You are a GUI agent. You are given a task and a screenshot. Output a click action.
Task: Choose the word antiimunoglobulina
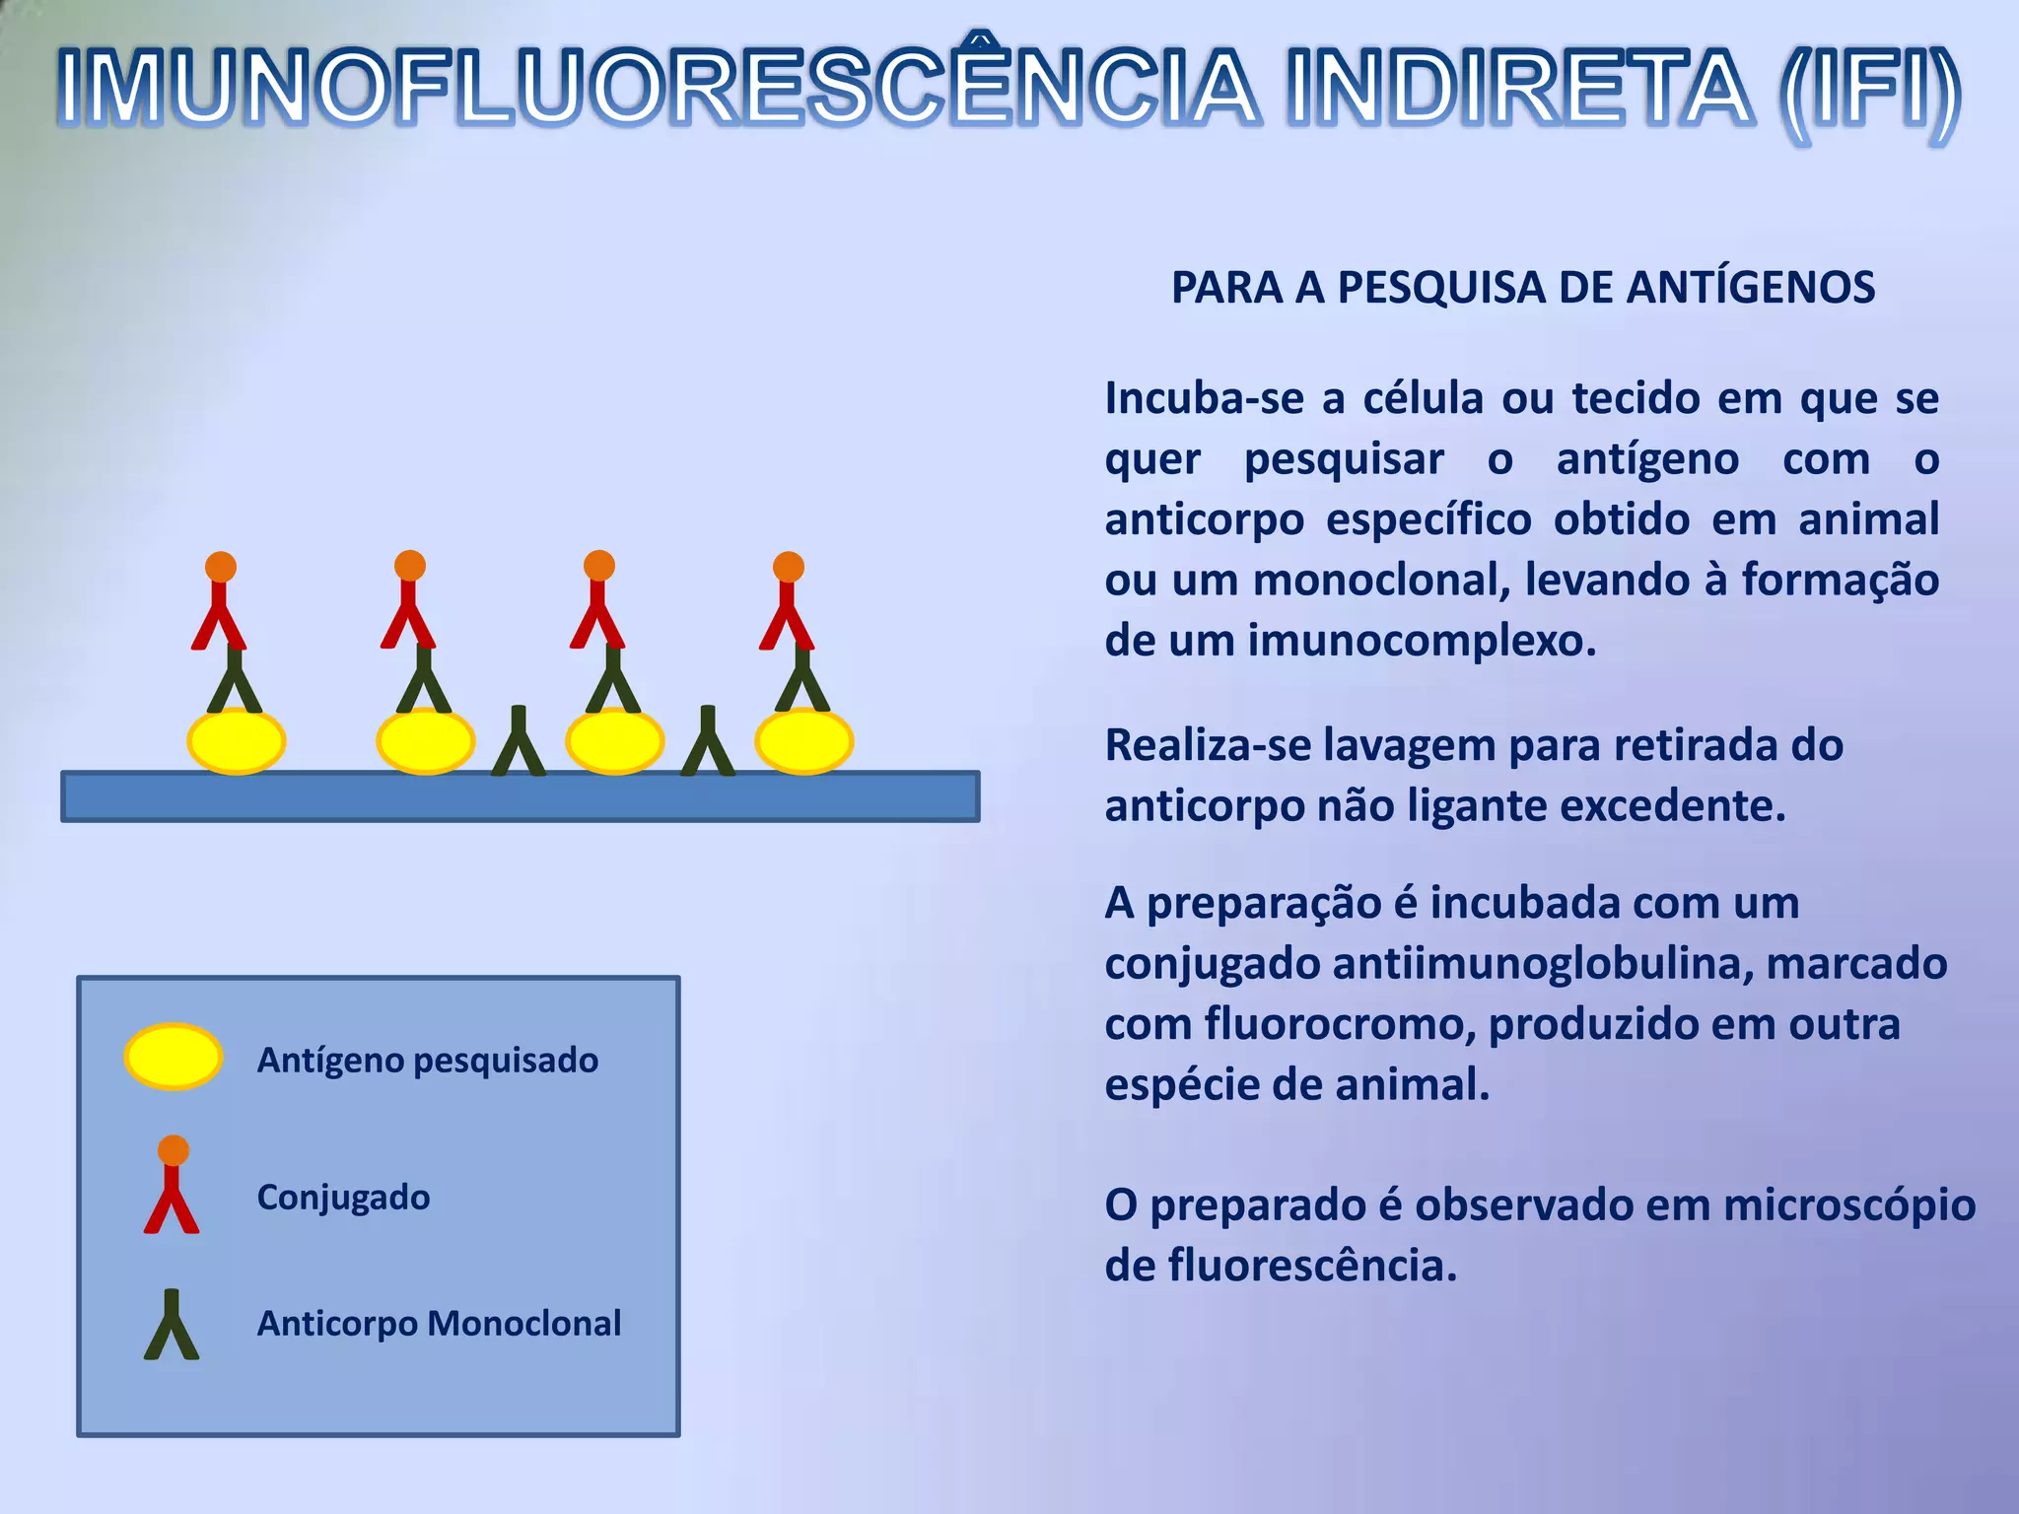(1542, 964)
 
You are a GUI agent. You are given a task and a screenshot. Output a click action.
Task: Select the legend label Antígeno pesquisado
(427, 1061)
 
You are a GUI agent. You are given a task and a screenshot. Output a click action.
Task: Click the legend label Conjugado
(343, 1198)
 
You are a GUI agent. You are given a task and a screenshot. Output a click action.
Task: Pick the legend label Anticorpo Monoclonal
(439, 1324)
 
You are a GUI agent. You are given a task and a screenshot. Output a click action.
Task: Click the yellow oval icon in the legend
(174, 1057)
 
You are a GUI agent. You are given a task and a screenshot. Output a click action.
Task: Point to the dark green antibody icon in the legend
(172, 1327)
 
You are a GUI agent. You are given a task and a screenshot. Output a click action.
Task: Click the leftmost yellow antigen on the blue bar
(237, 741)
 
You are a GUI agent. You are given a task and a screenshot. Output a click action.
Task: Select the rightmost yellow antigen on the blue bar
(804, 741)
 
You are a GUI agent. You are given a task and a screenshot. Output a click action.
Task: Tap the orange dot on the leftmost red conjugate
(221, 567)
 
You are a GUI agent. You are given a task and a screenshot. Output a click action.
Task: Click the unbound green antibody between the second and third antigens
(519, 744)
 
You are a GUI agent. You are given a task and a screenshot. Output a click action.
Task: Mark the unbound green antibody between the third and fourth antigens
(708, 744)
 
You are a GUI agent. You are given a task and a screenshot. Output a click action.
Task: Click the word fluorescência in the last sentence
(1311, 1267)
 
